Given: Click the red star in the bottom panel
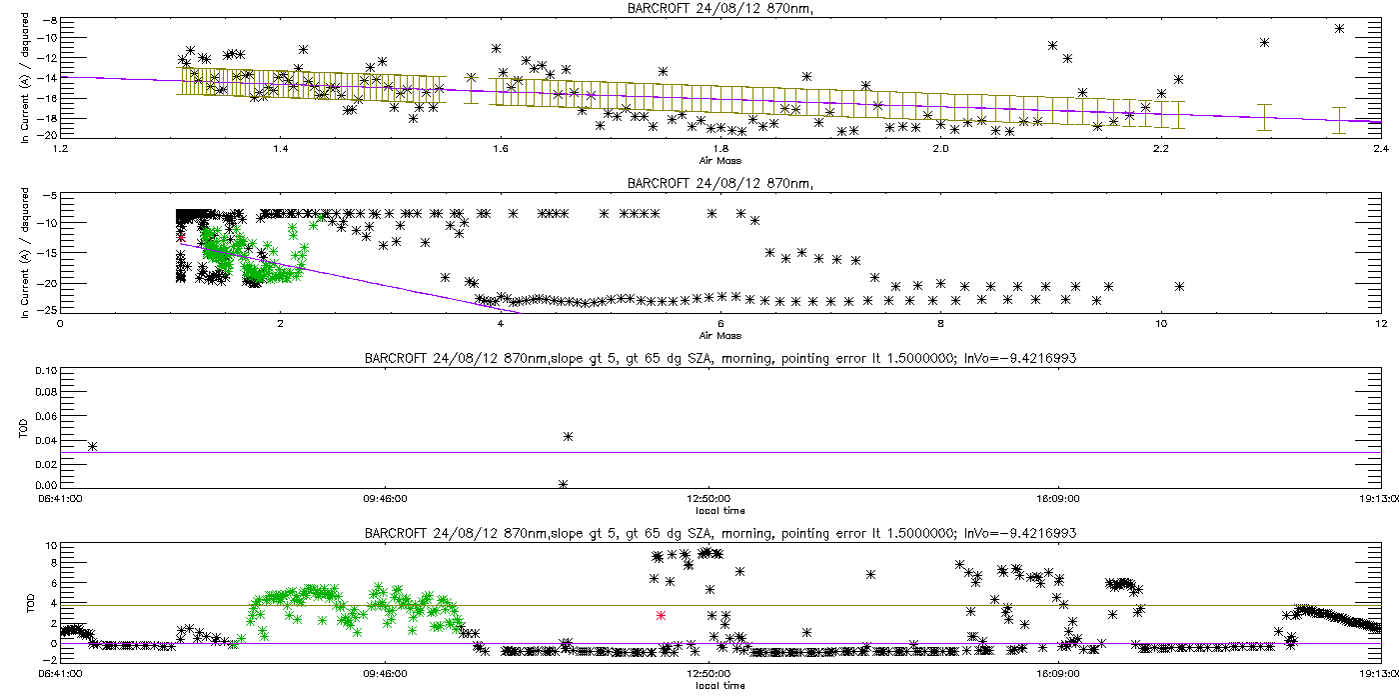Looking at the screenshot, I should coord(661,615).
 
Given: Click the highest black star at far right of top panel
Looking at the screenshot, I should coord(1339,28).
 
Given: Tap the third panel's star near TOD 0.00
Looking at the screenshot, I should coord(563,484).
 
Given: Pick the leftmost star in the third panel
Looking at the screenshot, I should coord(92,446).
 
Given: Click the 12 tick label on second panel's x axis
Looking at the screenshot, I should coord(1380,322).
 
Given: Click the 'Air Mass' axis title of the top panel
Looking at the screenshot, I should coord(719,159).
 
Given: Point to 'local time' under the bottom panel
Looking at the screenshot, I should coord(719,685).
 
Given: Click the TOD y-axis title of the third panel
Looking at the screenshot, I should coord(26,428).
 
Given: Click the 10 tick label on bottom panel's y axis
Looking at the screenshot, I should coord(50,546).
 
